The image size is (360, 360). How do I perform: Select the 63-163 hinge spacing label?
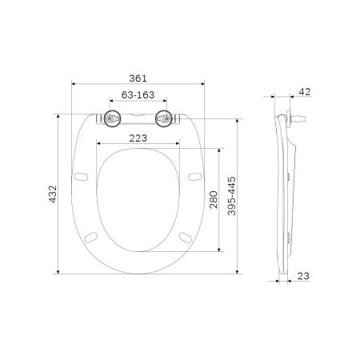coord(137,94)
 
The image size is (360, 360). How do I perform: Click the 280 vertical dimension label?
coord(213,198)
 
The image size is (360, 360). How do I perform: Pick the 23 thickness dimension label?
coord(304,277)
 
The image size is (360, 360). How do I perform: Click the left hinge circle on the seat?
coord(109,120)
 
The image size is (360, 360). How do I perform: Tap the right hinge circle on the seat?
coord(165,120)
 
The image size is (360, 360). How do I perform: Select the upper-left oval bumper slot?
coord(80,175)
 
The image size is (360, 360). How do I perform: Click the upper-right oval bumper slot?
coord(194,175)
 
